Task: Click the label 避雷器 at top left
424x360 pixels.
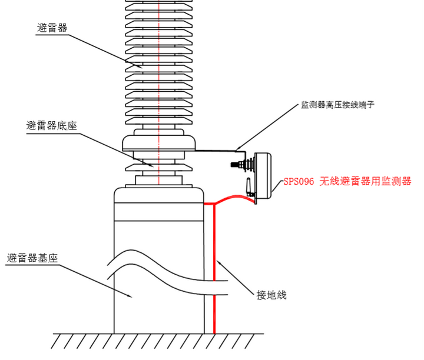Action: [52, 28]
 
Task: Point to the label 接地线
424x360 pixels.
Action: [271, 295]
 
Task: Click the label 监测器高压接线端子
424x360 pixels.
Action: [338, 105]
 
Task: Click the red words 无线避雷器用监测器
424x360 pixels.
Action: [366, 182]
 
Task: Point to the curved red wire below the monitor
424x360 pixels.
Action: [236, 198]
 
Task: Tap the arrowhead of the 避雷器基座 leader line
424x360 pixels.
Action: [134, 298]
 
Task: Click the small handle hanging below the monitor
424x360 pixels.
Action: [250, 188]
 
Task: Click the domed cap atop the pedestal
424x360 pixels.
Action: [158, 195]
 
